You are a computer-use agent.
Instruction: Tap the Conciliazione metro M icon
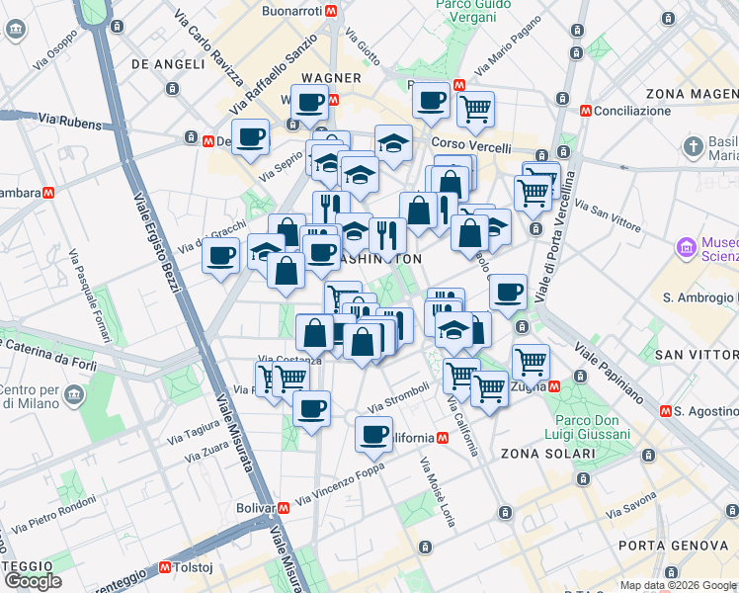[586, 111]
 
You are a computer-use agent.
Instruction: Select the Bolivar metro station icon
[285, 508]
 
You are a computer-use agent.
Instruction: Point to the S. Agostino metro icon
[667, 410]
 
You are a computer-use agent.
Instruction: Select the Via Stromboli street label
[399, 398]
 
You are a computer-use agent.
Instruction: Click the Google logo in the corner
[33, 581]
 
